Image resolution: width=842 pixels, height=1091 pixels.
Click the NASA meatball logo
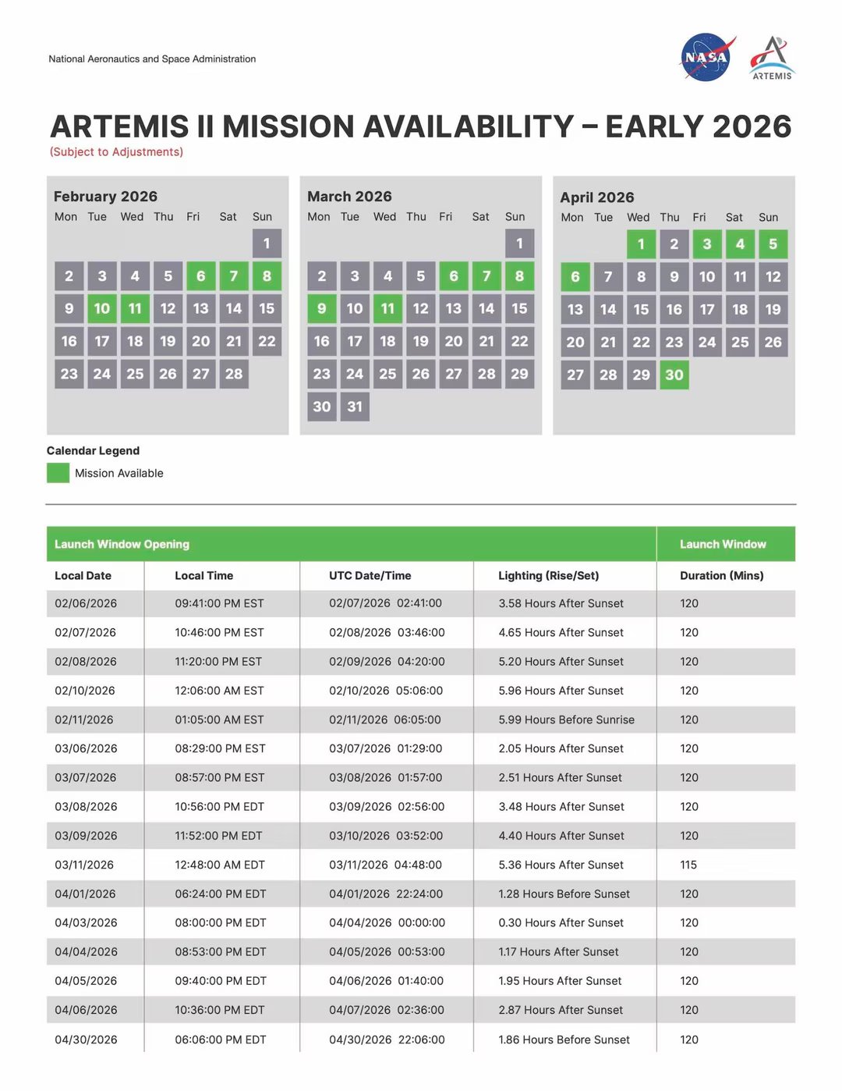(706, 57)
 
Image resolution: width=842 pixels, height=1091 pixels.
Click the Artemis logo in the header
(772, 58)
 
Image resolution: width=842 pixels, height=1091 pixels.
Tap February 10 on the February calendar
(102, 308)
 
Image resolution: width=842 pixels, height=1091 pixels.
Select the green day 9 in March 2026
(321, 308)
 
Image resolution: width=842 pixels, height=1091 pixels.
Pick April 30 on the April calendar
(674, 375)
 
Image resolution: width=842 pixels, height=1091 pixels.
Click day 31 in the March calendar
(355, 407)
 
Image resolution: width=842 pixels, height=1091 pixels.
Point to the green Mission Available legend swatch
(58, 473)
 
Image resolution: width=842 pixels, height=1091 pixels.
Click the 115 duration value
(688, 865)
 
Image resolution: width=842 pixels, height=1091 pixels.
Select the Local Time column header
(203, 575)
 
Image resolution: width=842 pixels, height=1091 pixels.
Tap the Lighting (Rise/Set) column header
(549, 575)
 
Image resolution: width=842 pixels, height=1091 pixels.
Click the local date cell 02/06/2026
(86, 603)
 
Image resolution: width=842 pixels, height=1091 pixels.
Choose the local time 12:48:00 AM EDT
(220, 865)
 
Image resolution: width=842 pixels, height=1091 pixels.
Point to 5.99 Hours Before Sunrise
(566, 720)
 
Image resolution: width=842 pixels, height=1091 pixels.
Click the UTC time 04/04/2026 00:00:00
(387, 922)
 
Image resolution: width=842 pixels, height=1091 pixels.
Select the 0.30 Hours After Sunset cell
(561, 922)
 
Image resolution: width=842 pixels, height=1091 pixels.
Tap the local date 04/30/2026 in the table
(86, 1039)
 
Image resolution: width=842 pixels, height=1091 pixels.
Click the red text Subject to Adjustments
(116, 151)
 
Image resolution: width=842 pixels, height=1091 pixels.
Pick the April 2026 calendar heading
(597, 197)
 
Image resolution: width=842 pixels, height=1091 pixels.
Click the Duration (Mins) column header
(721, 575)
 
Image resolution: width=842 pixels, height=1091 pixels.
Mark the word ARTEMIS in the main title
(119, 126)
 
